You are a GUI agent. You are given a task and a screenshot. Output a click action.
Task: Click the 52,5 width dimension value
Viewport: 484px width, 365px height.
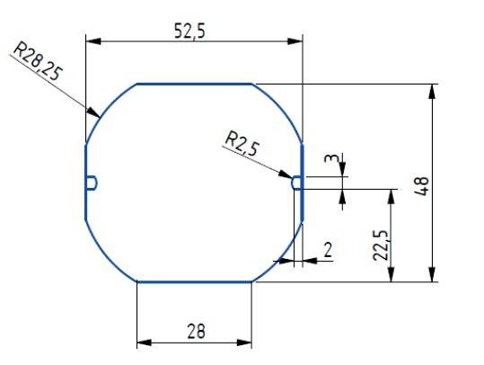190,30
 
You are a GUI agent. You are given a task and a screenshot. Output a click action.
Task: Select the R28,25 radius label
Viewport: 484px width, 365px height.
37,62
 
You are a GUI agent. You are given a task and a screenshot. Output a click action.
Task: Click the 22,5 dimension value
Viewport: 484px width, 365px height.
381,245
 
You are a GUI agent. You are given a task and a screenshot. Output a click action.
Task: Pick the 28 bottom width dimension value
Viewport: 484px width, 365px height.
193,331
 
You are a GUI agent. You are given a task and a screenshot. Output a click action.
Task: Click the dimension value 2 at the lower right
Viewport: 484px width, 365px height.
328,249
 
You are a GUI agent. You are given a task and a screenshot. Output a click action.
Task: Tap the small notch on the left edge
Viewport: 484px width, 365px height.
92,182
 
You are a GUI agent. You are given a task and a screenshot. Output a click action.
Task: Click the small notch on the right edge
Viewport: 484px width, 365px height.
297,182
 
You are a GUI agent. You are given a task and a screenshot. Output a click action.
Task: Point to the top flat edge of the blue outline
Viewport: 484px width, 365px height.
194,84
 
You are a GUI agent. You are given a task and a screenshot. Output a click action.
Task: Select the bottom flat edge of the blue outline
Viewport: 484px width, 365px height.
194,281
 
